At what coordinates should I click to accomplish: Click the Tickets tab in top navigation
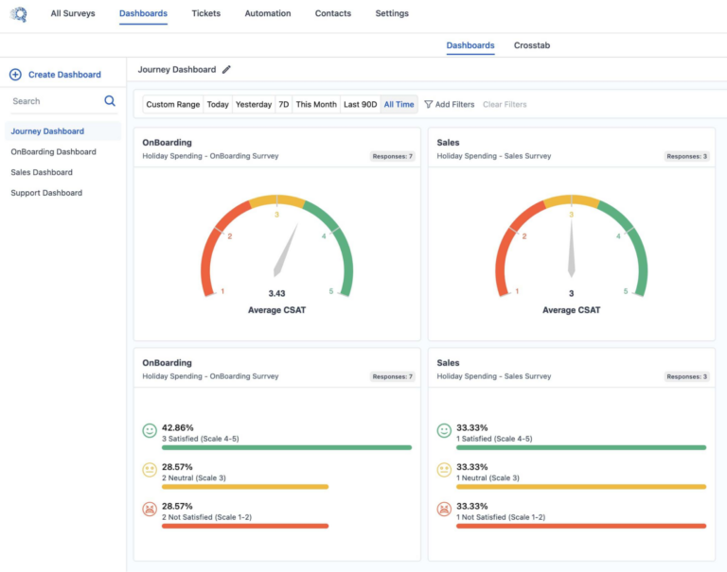coord(206,13)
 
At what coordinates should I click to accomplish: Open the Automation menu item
coord(268,13)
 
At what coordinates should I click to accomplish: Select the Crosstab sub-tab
coord(531,45)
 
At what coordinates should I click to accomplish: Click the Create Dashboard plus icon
coord(15,75)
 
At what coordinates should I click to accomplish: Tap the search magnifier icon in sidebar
coord(110,101)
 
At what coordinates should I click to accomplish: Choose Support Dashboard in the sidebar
coord(46,193)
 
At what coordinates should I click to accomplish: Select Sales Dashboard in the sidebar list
coord(42,172)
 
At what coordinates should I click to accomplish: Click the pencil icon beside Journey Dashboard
coord(226,70)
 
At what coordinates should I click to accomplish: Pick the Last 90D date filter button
coord(360,105)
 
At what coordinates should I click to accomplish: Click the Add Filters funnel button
coord(449,105)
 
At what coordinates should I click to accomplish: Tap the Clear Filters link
coord(505,105)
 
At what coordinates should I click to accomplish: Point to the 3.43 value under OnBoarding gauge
coord(277,293)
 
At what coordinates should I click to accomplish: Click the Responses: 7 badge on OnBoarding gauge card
coord(392,156)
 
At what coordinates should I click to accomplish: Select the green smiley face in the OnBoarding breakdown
coord(150,431)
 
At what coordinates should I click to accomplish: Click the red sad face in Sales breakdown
coord(444,510)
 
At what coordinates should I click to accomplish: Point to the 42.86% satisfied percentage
coord(178,427)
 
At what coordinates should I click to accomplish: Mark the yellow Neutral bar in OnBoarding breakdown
coord(245,487)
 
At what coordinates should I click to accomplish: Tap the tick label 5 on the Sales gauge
coord(626,291)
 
